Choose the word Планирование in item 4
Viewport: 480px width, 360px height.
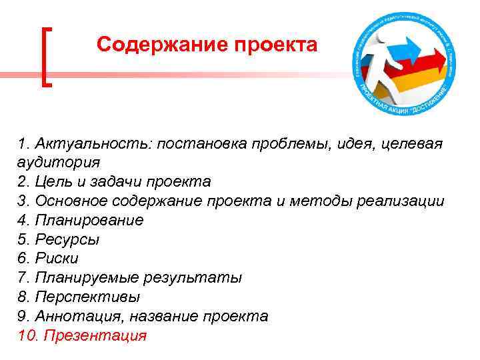point(89,220)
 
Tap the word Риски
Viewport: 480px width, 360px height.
point(57,258)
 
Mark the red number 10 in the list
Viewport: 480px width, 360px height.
point(28,335)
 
